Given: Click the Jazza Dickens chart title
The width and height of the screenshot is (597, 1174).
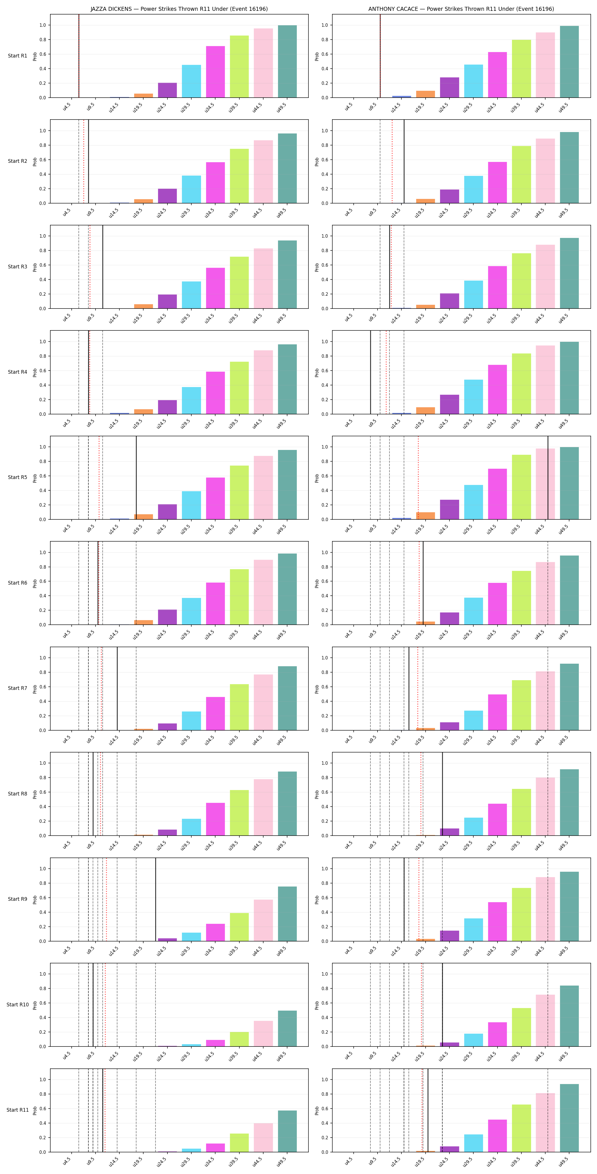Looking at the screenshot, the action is [x=179, y=9].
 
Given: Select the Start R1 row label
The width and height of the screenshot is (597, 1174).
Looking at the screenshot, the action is [x=17, y=55].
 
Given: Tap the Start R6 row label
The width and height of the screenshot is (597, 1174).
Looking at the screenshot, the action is [x=17, y=582].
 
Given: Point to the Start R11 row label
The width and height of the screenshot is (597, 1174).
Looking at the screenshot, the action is [x=17, y=1110].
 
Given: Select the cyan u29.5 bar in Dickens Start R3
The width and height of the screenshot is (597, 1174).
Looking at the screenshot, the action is [x=191, y=295].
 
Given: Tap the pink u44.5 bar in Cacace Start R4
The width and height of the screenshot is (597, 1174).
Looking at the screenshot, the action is [x=545, y=380].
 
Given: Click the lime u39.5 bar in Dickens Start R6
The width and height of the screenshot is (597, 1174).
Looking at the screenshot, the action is [x=239, y=597].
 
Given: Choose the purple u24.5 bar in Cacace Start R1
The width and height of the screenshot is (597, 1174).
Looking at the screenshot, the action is [x=449, y=87].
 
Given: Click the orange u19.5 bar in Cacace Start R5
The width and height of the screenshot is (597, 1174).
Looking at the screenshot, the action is [x=425, y=516].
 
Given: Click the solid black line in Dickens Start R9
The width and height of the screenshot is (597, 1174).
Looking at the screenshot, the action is [x=156, y=899].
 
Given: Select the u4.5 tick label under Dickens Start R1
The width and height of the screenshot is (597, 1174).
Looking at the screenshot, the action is [x=67, y=107].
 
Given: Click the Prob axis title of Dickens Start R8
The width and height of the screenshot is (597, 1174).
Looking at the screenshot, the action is [x=35, y=794].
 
